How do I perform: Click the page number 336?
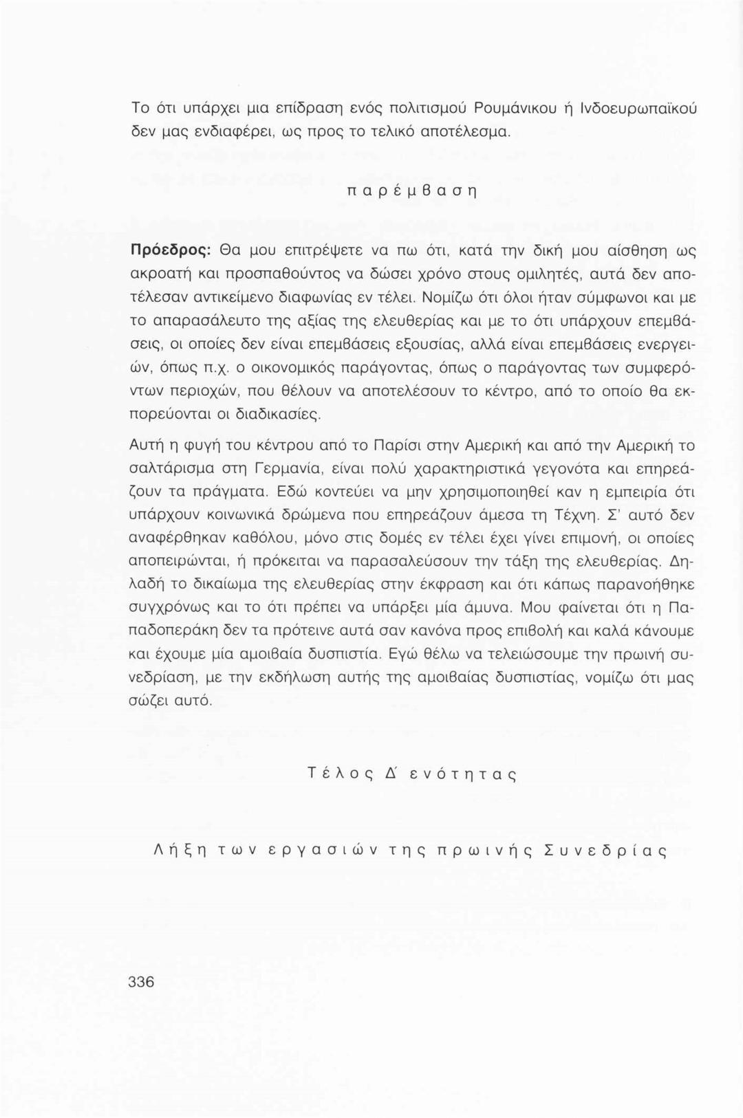pyautogui.click(x=141, y=981)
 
